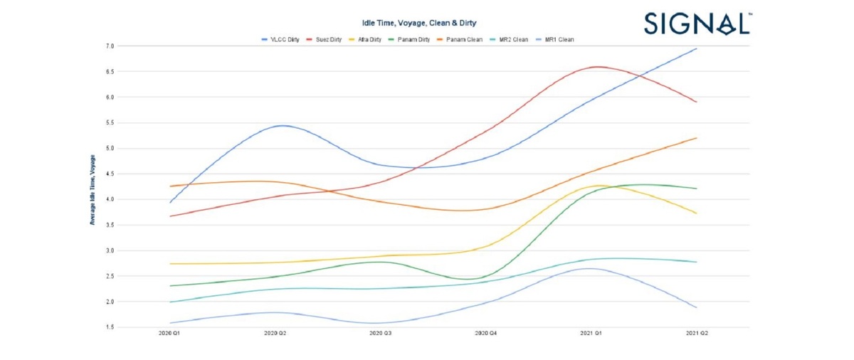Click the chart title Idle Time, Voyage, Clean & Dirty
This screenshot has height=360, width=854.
420,24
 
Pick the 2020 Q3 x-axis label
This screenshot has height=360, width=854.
381,333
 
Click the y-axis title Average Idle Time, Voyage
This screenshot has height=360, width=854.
93,189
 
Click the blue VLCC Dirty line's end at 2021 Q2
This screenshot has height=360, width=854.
695,49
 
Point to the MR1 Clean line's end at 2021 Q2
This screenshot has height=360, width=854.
695,307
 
